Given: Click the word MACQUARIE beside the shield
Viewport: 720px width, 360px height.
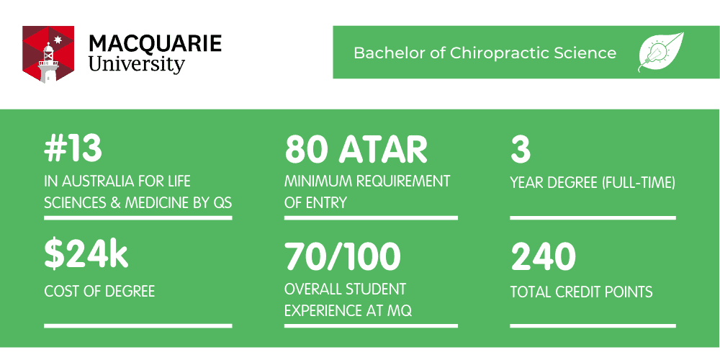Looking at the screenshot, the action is point(156,44).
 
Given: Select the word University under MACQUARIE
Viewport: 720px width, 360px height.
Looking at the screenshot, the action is point(136,65).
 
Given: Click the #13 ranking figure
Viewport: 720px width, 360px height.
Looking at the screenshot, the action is point(73,149).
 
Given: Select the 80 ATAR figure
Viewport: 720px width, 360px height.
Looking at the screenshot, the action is point(356,149).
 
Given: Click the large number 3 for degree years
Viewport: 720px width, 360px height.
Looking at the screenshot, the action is point(521,149).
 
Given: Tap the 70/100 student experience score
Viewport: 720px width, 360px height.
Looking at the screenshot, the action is point(343,256).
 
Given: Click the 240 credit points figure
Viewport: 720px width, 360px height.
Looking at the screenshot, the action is point(543,256).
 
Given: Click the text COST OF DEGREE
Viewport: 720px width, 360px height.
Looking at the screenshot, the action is point(99,291).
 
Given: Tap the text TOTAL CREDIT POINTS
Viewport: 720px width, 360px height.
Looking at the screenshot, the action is point(581,292).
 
